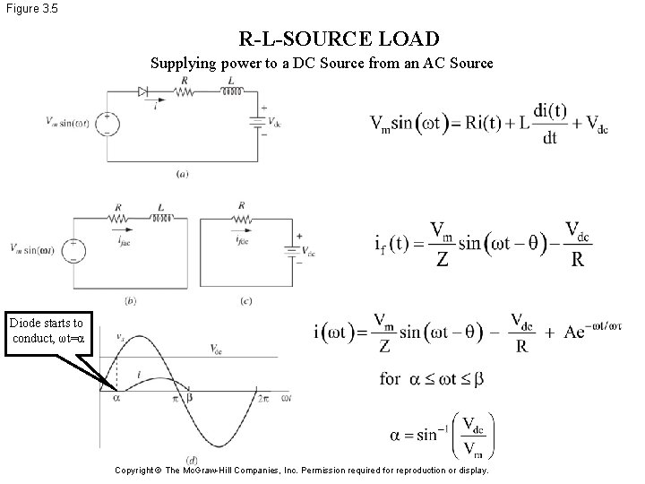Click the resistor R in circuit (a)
tap(184, 91)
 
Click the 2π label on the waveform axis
tap(262, 397)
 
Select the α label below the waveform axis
tap(116, 397)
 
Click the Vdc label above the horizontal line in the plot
tap(217, 349)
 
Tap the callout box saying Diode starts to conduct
tap(47, 330)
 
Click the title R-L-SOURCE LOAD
tap(340, 39)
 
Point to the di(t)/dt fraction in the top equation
tap(549, 124)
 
